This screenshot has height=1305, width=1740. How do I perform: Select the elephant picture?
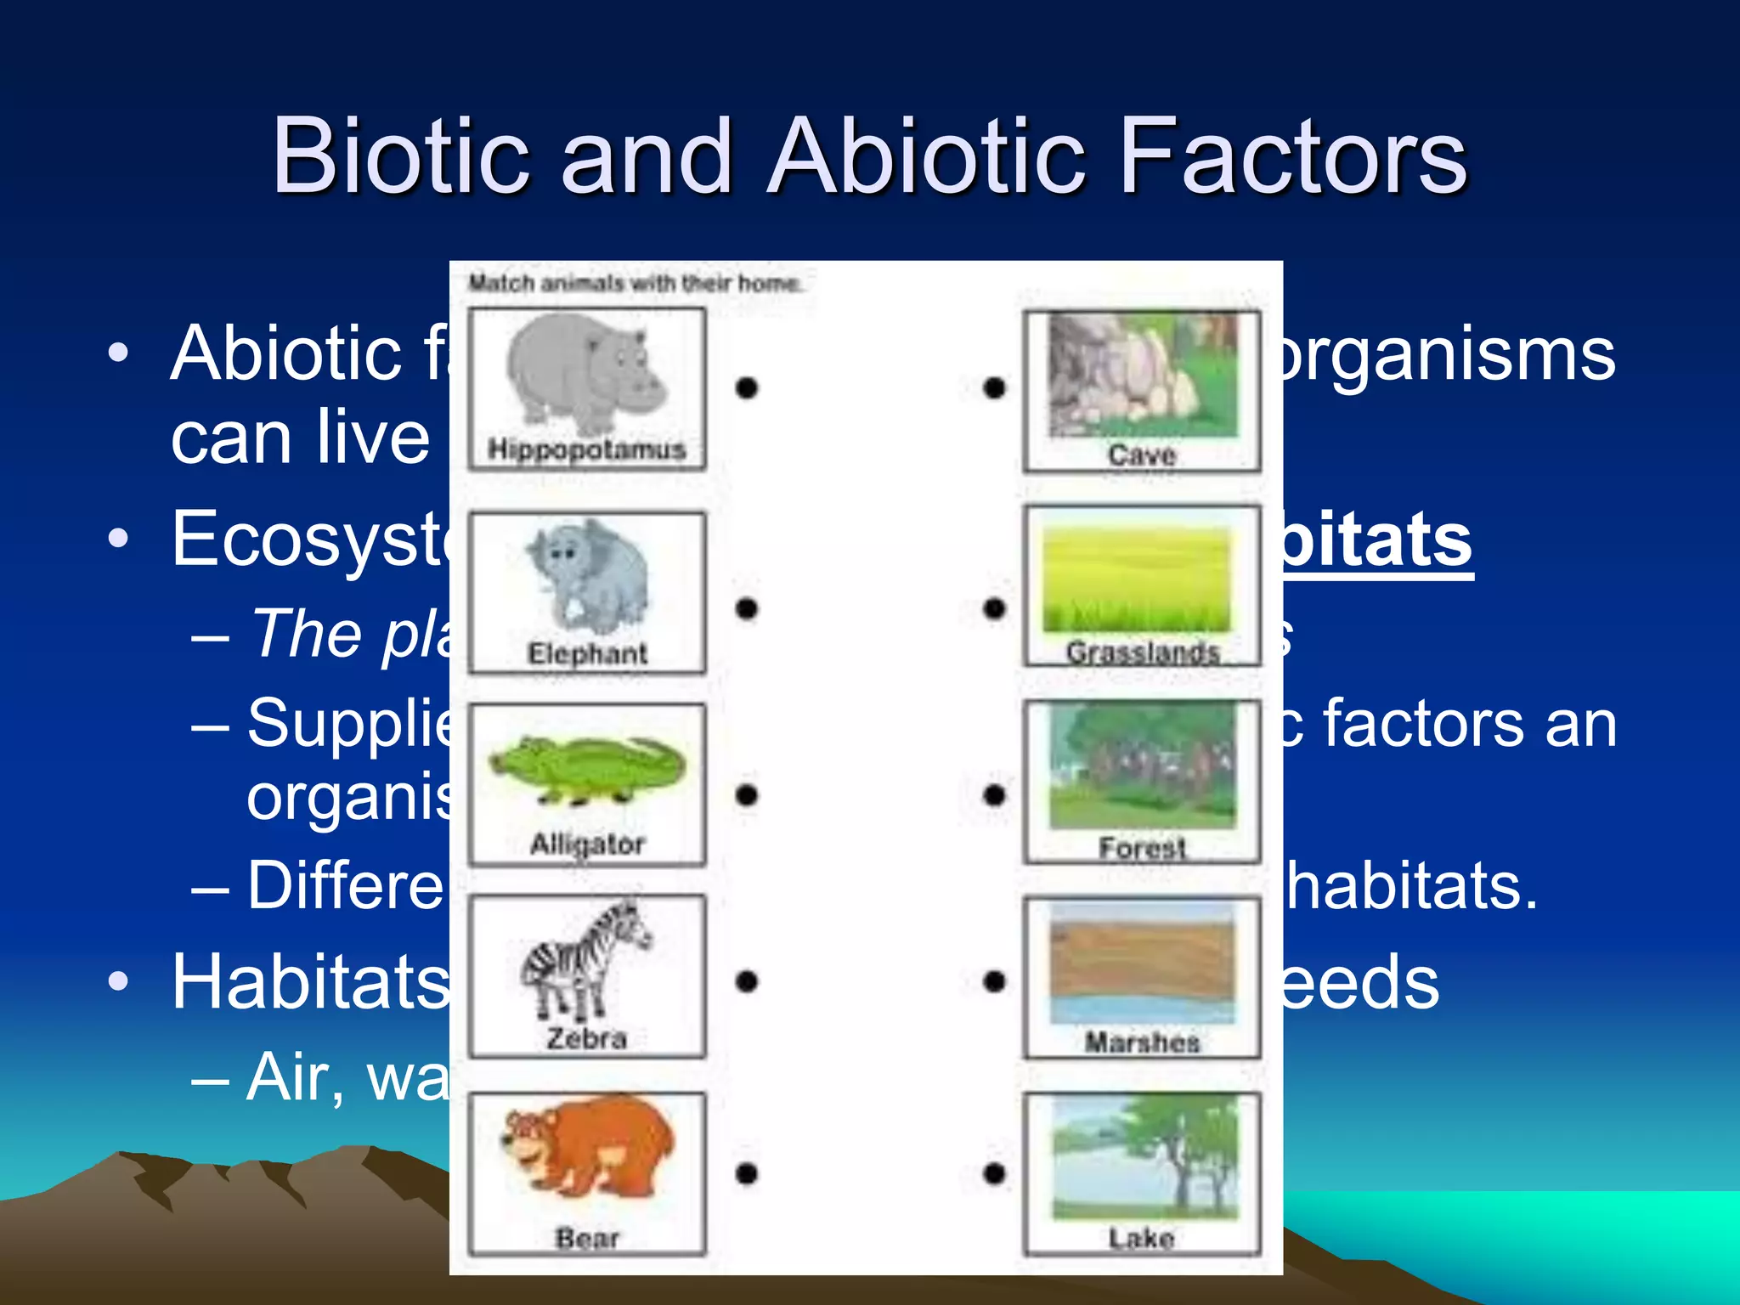tap(587, 573)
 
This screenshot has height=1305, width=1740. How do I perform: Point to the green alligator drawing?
tap(587, 770)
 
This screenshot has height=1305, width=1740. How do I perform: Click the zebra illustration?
tap(585, 960)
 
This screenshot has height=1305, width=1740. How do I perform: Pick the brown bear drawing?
tap(587, 1155)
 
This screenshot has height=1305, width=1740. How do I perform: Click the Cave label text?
tap(1141, 455)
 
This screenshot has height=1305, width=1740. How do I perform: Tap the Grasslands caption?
tap(1143, 652)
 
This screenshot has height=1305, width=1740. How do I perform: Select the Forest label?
tap(1141, 847)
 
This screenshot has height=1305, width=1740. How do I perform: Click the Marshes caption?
tap(1142, 1042)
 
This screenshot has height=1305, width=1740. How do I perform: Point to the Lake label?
tap(1141, 1238)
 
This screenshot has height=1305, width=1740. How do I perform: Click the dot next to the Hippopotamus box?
tap(746, 387)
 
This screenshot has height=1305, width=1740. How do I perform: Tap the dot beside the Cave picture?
tap(994, 387)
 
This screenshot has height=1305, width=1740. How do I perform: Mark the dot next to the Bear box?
tap(746, 1173)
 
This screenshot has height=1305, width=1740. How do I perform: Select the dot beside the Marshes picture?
tap(994, 981)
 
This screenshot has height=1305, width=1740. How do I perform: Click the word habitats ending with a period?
tap(1410, 885)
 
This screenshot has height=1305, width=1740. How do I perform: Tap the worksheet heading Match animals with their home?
tap(635, 283)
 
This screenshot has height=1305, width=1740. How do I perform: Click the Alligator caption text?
tap(587, 844)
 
